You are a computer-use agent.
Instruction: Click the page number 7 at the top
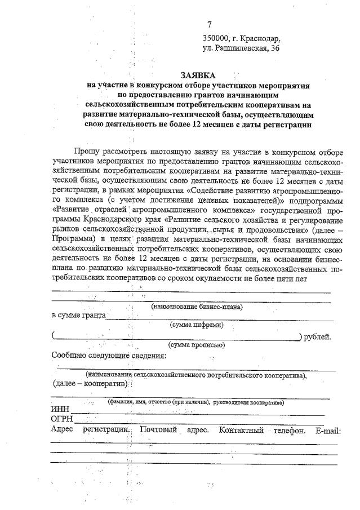coord(210,24)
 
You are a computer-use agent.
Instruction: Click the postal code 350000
coord(216,38)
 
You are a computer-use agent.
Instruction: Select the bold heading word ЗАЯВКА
coord(198,74)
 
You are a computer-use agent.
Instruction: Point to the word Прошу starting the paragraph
coord(86,150)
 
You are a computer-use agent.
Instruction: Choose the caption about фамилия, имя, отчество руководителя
coord(196,402)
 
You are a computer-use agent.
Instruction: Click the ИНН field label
coord(60,410)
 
